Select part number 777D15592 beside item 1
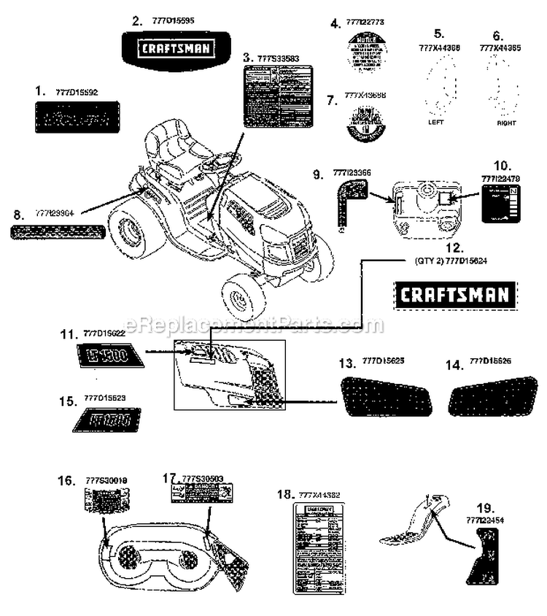click(77, 92)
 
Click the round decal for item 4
click(366, 52)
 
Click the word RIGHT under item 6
click(505, 123)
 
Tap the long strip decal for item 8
click(57, 233)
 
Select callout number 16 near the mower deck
click(66, 480)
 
